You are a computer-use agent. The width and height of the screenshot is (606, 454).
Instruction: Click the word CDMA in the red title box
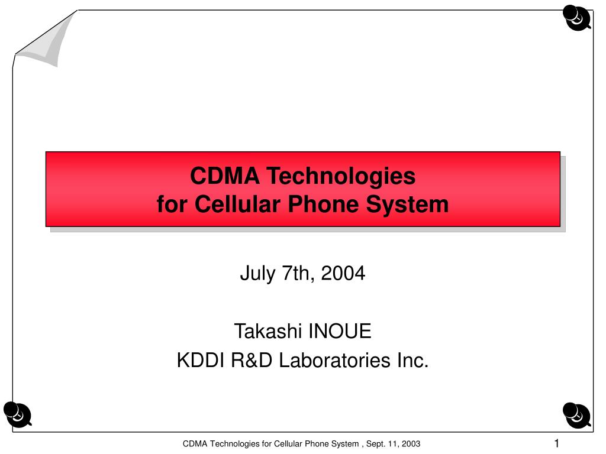(224, 176)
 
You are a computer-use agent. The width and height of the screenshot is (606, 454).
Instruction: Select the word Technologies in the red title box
(341, 177)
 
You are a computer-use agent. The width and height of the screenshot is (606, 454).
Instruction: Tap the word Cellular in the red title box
(237, 204)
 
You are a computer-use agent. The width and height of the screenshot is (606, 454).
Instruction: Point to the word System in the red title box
(407, 205)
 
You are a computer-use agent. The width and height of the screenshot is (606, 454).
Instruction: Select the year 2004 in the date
(343, 273)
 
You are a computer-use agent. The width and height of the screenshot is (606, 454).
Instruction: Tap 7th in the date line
(296, 274)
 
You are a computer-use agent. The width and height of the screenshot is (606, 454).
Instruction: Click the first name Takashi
(268, 331)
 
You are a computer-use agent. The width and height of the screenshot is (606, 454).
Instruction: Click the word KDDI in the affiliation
(201, 361)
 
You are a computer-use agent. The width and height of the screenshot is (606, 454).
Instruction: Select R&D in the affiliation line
(252, 361)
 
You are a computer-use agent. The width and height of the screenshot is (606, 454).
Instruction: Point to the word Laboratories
(335, 361)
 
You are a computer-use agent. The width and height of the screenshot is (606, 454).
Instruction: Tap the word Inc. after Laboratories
(413, 361)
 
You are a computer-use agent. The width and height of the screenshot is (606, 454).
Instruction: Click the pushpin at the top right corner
(576, 17)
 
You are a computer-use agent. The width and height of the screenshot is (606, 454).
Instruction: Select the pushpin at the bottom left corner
(17, 414)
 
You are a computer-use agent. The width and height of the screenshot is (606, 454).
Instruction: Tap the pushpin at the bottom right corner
(576, 415)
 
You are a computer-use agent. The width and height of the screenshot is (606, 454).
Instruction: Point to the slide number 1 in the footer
(556, 443)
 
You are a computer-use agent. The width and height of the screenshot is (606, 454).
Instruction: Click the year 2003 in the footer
(411, 444)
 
